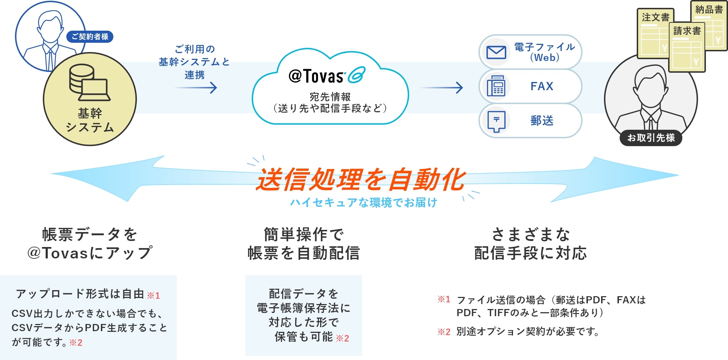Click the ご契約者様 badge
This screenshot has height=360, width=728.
coord(90,37)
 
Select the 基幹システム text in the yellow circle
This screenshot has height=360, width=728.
coord(90,120)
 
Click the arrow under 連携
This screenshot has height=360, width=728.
coord(196,88)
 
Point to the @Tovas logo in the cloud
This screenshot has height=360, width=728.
coord(326,76)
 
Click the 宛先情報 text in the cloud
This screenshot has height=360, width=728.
coord(330,97)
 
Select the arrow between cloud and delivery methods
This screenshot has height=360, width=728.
coord(442,88)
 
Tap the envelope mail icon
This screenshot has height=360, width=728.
coord(496,52)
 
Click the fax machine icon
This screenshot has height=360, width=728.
coord(496,86)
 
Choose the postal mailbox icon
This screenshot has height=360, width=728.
coord(496,120)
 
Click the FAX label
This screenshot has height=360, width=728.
coord(542,86)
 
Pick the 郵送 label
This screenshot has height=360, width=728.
coord(542,120)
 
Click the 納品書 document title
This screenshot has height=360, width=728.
coord(709,10)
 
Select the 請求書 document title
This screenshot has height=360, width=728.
coord(687,31)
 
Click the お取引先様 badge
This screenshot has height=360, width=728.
coord(651,138)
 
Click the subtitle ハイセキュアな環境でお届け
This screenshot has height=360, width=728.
coord(364,202)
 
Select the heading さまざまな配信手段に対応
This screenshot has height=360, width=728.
coord(530,244)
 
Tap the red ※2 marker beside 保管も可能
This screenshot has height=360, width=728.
coord(342,338)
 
